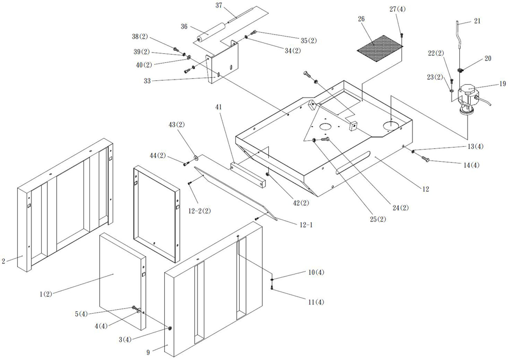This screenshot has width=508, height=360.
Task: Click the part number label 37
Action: (219, 5)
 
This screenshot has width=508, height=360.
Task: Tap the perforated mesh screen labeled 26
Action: (380, 48)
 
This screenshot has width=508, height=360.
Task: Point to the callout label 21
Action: (477, 21)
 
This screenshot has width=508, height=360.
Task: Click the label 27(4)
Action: (397, 9)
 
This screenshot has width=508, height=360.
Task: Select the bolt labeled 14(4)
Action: (425, 159)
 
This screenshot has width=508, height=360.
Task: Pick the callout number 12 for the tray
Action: (425, 189)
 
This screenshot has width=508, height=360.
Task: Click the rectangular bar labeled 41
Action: (248, 175)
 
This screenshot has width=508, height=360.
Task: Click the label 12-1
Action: (306, 225)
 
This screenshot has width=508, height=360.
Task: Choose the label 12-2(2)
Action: (199, 211)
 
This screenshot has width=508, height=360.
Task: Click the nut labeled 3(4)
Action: (170, 328)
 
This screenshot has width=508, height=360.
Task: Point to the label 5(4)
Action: (81, 314)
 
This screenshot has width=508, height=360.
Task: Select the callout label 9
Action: (148, 352)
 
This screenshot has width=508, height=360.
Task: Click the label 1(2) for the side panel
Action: (46, 294)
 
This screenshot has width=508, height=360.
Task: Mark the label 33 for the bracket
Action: (147, 81)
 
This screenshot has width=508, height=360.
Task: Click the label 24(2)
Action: (400, 208)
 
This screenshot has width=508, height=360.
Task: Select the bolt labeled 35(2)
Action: (254, 32)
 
